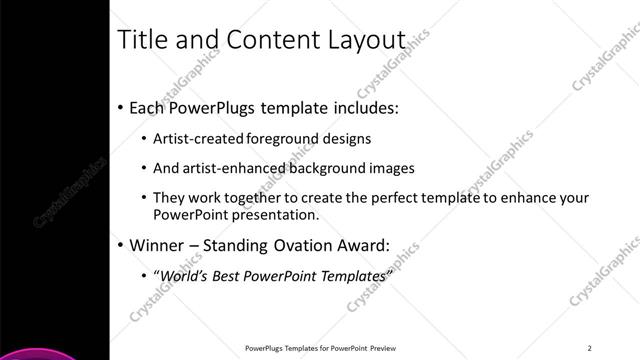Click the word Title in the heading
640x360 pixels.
coord(141,40)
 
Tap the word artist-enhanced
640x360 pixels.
coord(235,168)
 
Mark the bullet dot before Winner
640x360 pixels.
coord(121,245)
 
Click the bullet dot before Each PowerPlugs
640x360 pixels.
coord(121,107)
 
